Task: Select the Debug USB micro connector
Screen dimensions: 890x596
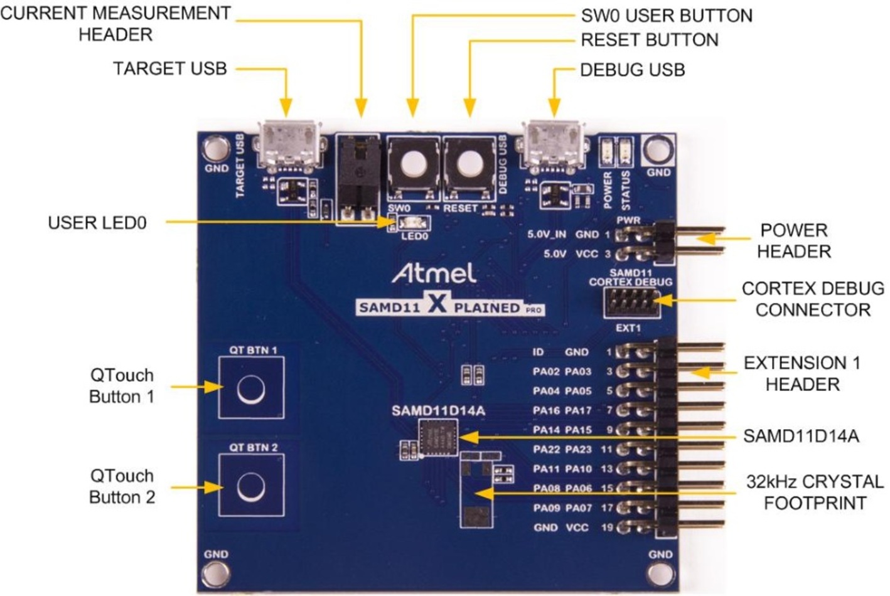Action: click(554, 146)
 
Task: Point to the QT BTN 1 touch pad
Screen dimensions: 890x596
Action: click(251, 388)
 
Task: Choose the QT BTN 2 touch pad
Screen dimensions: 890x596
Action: click(251, 485)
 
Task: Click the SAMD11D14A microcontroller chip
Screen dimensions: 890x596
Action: click(438, 437)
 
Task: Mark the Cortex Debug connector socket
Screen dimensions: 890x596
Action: click(632, 302)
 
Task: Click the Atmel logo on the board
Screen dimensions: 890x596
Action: click(434, 273)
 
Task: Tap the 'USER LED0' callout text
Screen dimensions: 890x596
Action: click(97, 223)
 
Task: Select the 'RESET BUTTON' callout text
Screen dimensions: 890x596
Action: click(650, 40)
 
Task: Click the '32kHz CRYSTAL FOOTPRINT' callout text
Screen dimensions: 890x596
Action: click(815, 492)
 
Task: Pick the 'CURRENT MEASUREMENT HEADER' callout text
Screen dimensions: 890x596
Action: click(115, 24)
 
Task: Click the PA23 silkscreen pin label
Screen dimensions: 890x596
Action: click(579, 449)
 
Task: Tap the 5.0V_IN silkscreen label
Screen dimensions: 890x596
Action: click(547, 234)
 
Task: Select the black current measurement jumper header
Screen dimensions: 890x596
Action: click(358, 178)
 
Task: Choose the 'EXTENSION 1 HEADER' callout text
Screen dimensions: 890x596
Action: click(802, 374)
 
